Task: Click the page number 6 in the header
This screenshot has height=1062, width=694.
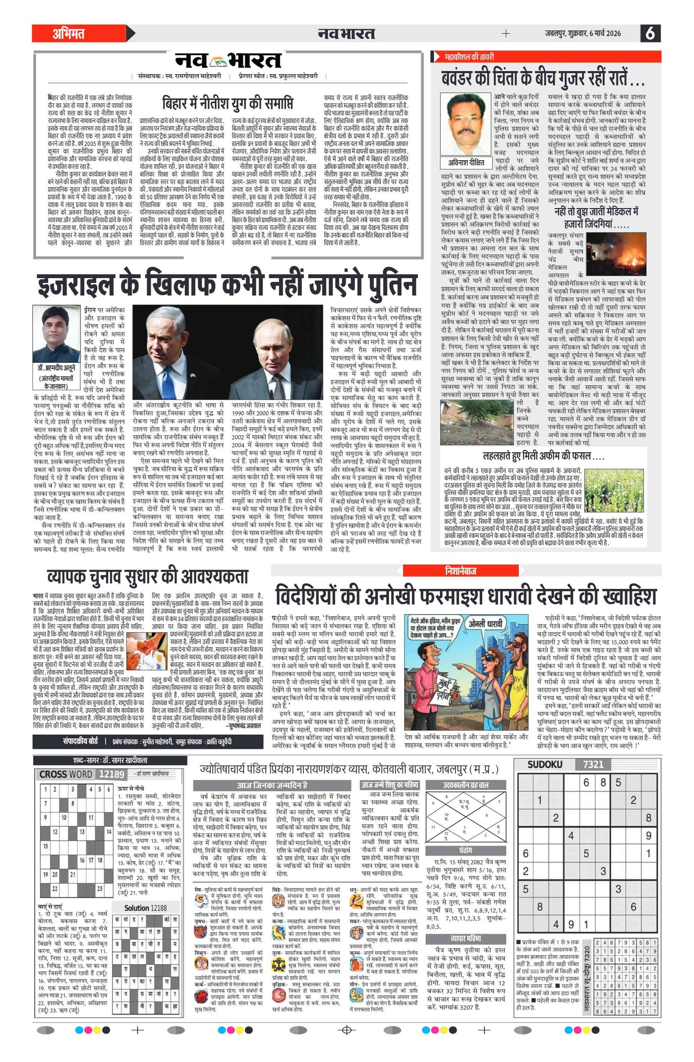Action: pos(650,33)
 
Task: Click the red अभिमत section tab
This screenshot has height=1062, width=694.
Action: pos(69,33)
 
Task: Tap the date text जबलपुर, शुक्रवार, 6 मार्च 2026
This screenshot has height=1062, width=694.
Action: pos(583,33)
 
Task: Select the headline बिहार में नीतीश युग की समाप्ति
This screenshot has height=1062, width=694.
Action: pos(228,104)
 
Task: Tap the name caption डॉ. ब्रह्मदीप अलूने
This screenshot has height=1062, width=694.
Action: pos(56,368)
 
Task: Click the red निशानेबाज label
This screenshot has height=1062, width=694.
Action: pos(460,571)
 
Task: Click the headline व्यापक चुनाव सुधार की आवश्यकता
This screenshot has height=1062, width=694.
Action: pos(147,576)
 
